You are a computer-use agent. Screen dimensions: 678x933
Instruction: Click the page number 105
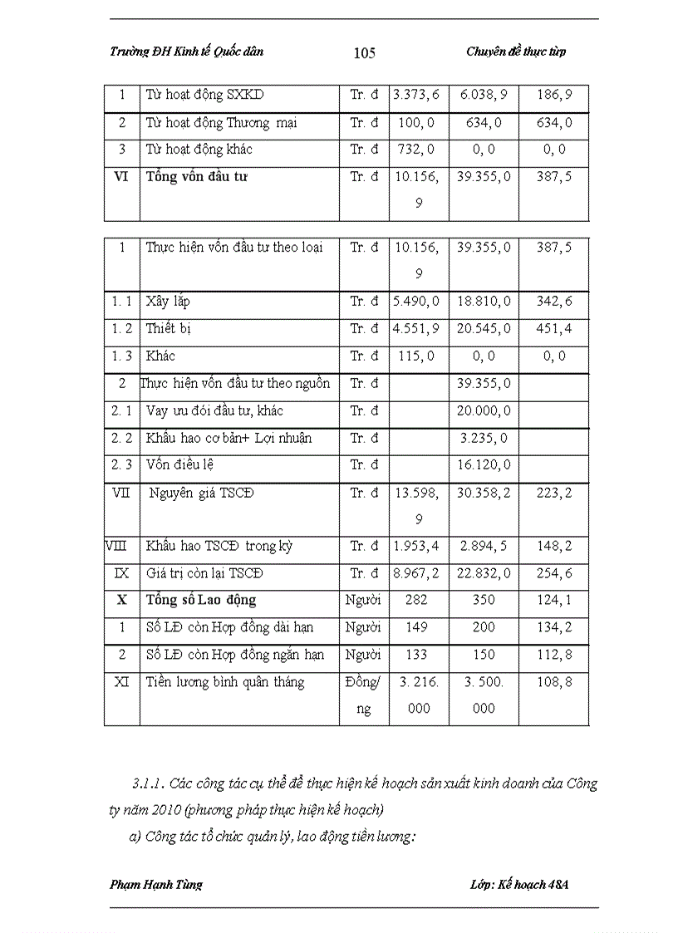pos(364,53)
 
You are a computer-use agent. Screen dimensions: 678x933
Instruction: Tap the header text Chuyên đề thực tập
pos(516,52)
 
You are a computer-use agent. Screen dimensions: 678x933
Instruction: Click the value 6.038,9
pos(484,96)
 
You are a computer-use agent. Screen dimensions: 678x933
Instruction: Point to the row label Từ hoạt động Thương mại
pos(221,123)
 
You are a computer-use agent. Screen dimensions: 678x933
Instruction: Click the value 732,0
pos(418,150)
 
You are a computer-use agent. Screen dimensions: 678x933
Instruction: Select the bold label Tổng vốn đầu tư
pos(196,177)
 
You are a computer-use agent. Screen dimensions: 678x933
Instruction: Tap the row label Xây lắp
pos(168,302)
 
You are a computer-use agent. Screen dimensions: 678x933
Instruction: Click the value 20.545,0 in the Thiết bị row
pos(484,329)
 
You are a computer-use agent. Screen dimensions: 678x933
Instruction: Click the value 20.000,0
pos(484,410)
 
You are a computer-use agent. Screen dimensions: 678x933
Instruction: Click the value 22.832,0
pos(484,573)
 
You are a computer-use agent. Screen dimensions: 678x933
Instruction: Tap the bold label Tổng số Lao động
pos(201,600)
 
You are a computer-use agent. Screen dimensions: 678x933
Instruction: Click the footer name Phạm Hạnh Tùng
pos(156,884)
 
